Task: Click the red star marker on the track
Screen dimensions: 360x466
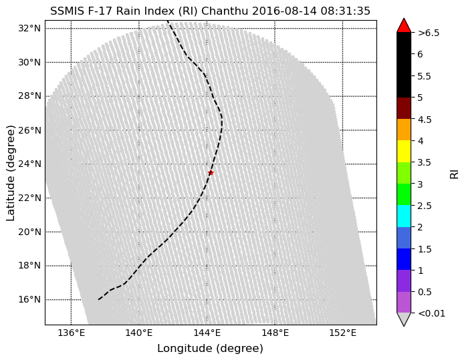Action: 211,172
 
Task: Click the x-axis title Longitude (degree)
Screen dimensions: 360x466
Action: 210,349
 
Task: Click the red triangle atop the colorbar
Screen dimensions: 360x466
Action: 404,25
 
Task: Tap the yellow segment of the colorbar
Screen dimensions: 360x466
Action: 404,152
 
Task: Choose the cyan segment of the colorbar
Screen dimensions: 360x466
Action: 404,216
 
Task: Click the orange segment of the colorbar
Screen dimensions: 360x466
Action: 404,130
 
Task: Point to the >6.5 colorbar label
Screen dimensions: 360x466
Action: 429,33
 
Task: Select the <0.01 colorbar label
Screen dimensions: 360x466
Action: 431,313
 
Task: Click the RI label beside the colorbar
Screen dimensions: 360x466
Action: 455,172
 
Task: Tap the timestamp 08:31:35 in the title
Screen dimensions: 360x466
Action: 341,11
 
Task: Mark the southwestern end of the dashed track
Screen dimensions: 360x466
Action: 99,299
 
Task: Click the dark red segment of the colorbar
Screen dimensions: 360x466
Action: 404,108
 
